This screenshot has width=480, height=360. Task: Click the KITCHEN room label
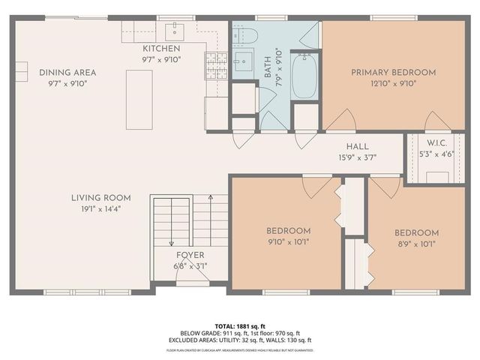tap(161, 49)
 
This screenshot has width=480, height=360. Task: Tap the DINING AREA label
tap(68, 73)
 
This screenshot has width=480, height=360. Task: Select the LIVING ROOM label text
tap(101, 198)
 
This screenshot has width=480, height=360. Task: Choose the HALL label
tap(356, 147)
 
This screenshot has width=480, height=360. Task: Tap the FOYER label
tap(190, 255)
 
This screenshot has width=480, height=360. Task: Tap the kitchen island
tap(136, 100)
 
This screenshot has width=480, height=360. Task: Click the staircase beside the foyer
tap(180, 221)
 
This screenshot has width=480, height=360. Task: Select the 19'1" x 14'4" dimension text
tap(101, 209)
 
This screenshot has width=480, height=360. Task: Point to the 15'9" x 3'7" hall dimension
tap(356, 157)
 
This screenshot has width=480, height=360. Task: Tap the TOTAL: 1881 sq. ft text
tap(240, 326)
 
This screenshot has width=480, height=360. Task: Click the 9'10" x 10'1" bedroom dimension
tap(289, 241)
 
